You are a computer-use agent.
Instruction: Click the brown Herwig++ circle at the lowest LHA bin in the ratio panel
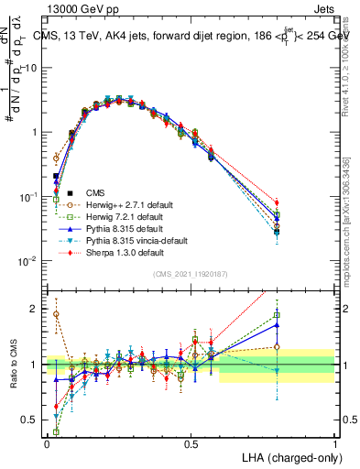point(56,314)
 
